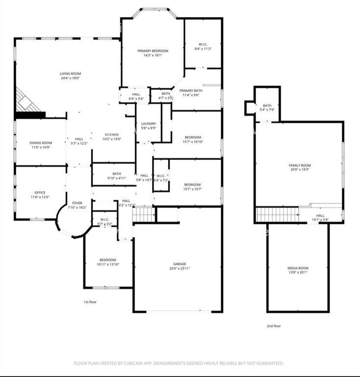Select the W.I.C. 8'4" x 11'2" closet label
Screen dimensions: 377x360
pyautogui.click(x=204, y=47)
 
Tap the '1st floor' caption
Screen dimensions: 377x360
pyautogui.click(x=90, y=302)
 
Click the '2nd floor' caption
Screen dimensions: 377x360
pyautogui.click(x=274, y=326)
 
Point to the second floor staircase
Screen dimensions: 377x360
pyautogui.click(x=278, y=215)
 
